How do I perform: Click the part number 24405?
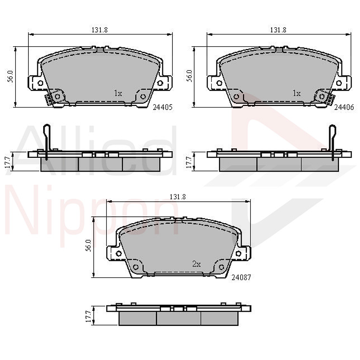pos(163,107)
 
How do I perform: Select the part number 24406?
pos(344,107)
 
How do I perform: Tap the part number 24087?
pos(241,277)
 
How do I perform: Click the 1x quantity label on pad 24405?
pos(118,93)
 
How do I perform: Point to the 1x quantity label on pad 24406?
pos(297,93)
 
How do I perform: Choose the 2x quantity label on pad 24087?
pos(197,264)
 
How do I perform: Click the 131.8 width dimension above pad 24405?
pos(100,30)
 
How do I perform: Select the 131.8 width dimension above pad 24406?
pos(278,30)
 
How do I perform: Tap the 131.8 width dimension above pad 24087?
pos(178,197)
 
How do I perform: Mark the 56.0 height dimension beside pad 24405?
pos(11,76)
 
